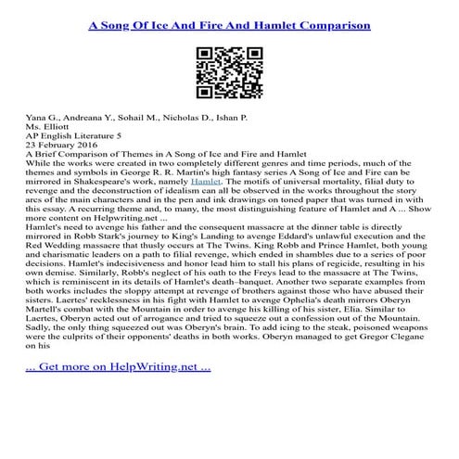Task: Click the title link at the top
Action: coord(228,19)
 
